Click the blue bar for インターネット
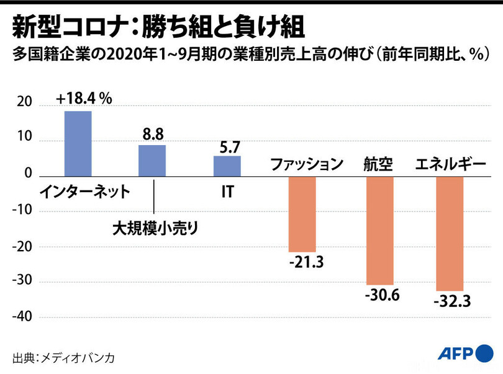(78, 143)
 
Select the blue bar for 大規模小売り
(152, 161)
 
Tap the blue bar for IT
(227, 166)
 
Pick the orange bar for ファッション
(302, 214)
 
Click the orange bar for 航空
(380, 231)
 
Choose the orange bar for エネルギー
(450, 234)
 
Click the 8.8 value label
(152, 134)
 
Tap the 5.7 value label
(227, 146)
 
